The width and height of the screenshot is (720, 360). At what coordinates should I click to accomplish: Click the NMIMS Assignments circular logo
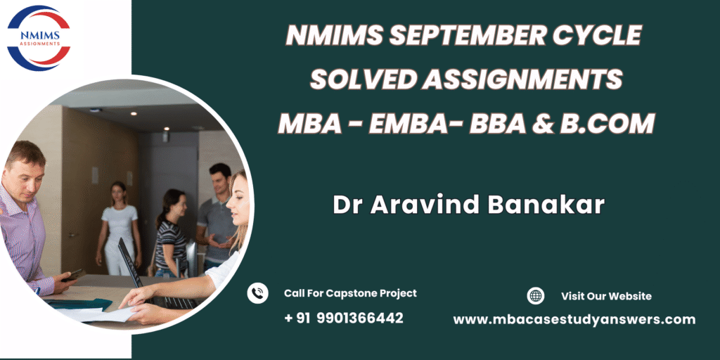click(39, 38)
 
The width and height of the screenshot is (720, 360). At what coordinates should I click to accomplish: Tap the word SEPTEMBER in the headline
click(462, 35)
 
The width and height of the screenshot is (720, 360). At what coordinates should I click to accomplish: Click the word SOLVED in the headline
click(362, 80)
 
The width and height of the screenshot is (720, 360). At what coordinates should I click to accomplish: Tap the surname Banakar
click(546, 205)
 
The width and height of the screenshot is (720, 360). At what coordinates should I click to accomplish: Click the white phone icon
click(257, 293)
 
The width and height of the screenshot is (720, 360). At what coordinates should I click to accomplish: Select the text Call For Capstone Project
click(350, 293)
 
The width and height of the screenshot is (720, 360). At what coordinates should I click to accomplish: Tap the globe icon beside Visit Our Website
click(535, 296)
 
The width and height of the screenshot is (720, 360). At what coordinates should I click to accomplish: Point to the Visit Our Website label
click(606, 296)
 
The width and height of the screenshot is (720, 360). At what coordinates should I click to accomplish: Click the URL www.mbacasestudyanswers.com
click(574, 320)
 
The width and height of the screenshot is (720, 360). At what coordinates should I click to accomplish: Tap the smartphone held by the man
click(74, 275)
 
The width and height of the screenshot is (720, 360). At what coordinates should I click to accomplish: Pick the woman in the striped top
click(171, 233)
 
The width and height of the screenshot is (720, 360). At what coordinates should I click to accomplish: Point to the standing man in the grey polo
click(217, 217)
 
